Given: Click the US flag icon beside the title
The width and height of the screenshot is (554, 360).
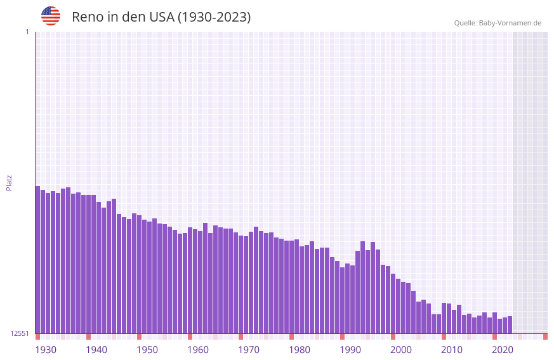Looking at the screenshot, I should click(x=51, y=16).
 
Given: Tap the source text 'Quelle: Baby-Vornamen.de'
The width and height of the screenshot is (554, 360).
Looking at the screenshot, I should click(x=498, y=23).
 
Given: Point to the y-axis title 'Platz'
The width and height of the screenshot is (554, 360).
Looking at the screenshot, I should click(x=9, y=182).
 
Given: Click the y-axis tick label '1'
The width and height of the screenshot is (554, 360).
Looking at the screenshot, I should click(x=27, y=32).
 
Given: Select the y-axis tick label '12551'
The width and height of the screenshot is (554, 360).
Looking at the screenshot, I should click(x=19, y=333).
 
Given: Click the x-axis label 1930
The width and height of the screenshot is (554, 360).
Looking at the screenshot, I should click(x=46, y=350).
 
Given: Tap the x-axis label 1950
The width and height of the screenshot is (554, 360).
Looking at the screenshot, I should click(x=147, y=350).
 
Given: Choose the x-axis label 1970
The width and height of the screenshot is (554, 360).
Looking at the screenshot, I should click(x=249, y=350).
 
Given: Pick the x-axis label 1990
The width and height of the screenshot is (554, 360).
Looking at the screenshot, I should click(x=350, y=350).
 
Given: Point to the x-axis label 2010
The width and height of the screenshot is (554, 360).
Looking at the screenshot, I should click(x=452, y=350).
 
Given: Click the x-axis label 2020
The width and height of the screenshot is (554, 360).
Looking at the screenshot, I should click(x=503, y=350).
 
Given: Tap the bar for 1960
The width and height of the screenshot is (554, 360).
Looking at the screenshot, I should click(x=190, y=280).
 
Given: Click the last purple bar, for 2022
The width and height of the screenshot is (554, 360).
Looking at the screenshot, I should click(x=510, y=324).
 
